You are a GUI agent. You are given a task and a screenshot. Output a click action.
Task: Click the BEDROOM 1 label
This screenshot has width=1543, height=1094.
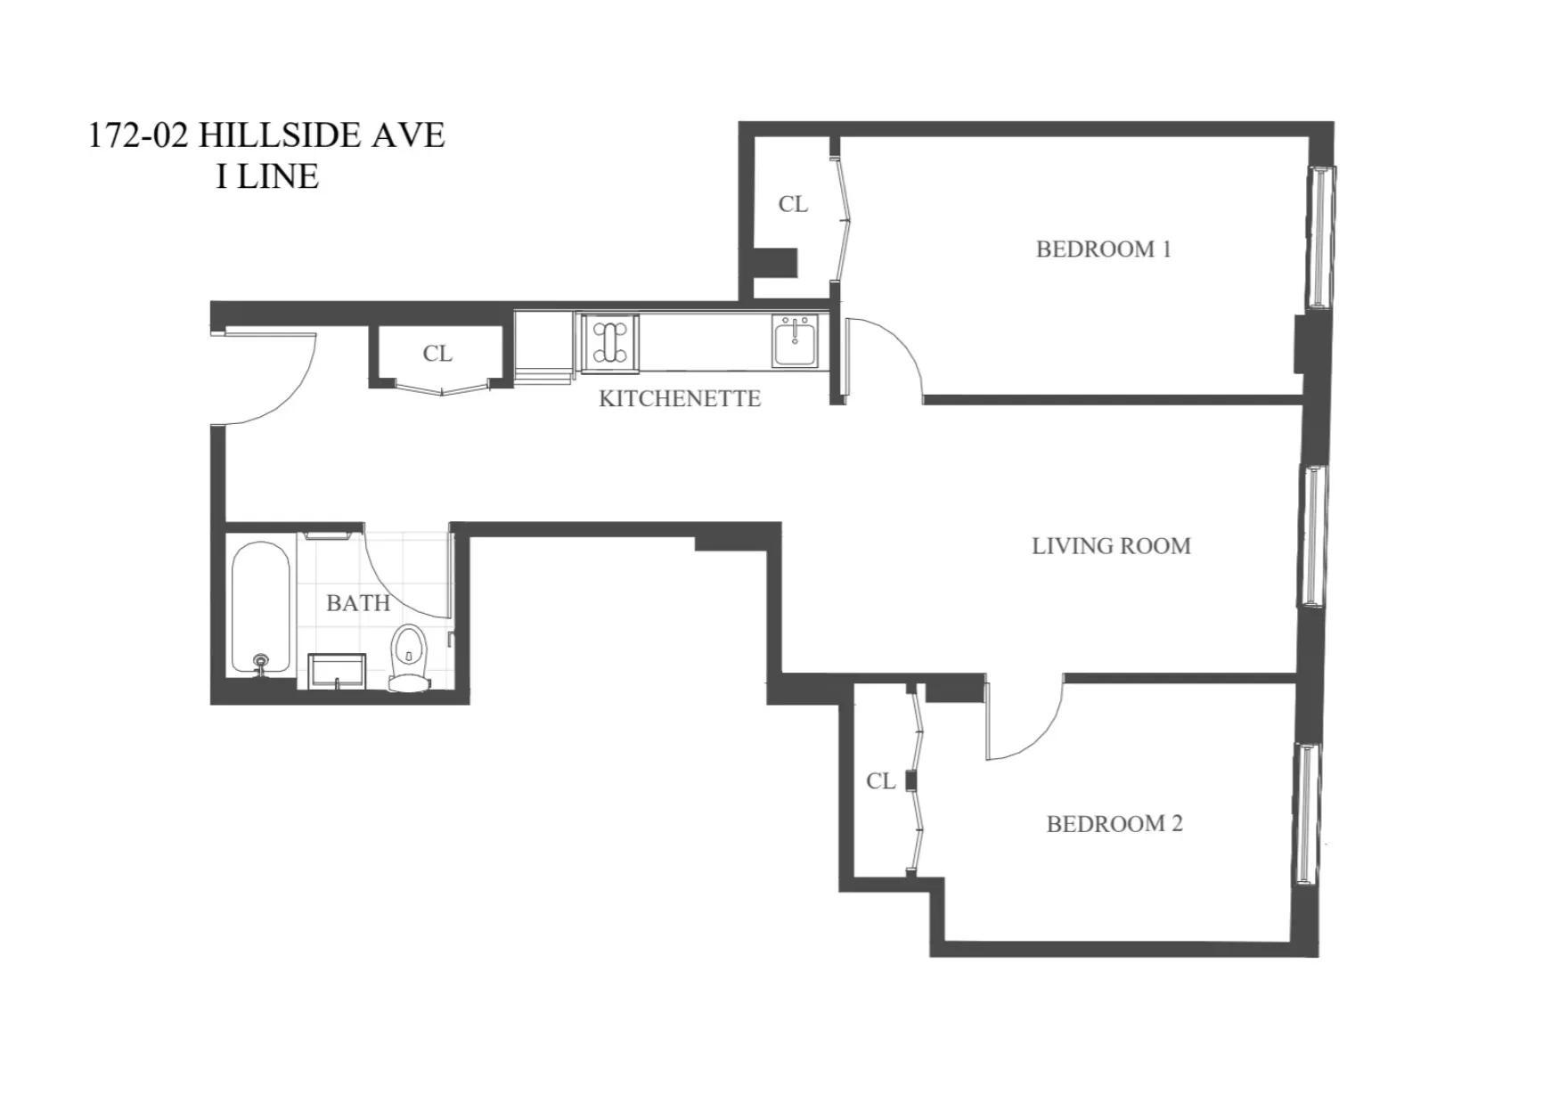click(x=1103, y=249)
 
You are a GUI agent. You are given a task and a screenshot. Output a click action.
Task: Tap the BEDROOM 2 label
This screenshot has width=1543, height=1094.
click(x=1114, y=824)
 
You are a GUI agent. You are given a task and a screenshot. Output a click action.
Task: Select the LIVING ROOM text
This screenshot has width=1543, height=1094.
click(x=1111, y=546)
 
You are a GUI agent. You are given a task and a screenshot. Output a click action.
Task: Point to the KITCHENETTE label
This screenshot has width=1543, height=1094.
click(x=679, y=398)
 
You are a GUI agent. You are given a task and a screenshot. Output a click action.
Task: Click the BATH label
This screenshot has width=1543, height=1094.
click(x=358, y=603)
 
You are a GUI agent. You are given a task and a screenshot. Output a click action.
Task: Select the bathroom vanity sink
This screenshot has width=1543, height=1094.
click(x=337, y=670)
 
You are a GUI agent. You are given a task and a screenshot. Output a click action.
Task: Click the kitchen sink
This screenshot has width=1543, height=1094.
click(x=795, y=340)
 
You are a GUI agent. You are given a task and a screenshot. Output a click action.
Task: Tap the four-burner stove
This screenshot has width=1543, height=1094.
click(x=609, y=342)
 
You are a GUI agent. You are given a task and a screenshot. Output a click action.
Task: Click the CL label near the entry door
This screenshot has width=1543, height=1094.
click(x=437, y=354)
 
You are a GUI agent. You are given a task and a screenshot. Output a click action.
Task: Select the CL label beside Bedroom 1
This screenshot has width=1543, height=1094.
click(x=793, y=204)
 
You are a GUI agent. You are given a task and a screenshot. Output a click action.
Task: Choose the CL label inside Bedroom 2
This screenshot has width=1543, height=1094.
click(x=880, y=781)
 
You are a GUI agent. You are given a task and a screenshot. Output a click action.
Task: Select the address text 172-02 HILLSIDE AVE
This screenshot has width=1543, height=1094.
click(x=266, y=135)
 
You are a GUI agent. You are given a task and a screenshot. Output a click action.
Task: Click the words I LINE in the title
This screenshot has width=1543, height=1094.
click(x=267, y=176)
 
